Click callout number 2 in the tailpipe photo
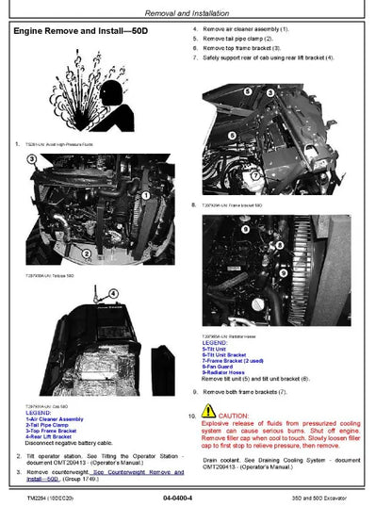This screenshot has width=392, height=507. tap(87, 253)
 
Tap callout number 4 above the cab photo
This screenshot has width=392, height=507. tap(111, 293)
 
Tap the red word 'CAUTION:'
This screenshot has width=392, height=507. tap(234, 416)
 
